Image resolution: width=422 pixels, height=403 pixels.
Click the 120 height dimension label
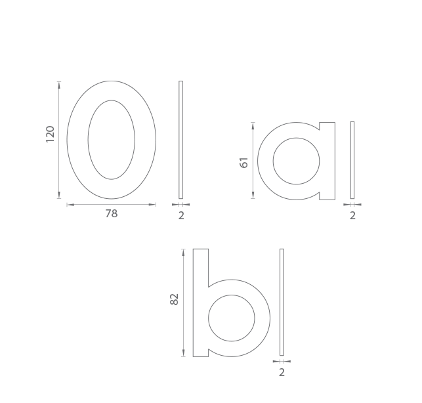tap(51, 134)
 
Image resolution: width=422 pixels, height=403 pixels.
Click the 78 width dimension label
tap(112, 213)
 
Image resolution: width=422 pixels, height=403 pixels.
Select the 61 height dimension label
tap(243, 163)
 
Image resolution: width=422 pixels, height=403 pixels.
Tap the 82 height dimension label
tap(175, 299)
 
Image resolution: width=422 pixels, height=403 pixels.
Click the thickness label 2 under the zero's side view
tap(181, 216)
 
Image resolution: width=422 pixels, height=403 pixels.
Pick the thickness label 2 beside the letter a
tap(352, 216)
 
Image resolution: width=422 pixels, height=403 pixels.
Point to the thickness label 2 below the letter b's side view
tap(282, 373)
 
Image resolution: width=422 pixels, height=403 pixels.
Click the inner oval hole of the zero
tap(88, 140)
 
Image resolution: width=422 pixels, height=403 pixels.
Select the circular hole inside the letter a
tap(273, 161)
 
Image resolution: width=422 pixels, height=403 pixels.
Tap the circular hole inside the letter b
tap(208, 318)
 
